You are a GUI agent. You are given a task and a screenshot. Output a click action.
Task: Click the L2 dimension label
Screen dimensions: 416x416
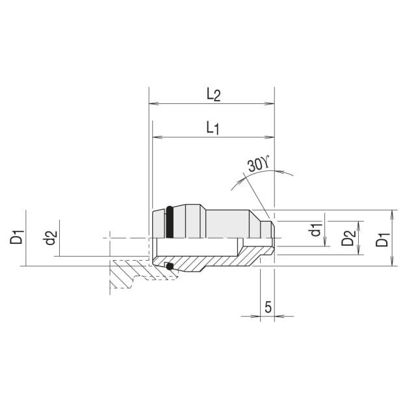[x=214, y=95]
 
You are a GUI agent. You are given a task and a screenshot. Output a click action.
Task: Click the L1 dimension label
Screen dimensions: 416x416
[x=213, y=129]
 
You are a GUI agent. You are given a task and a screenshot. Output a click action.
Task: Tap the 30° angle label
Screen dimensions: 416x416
[x=259, y=165]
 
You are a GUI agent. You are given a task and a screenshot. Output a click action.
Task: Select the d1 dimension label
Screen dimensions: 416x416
[x=316, y=229]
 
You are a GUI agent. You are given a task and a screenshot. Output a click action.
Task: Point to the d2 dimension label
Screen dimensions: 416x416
[x=50, y=238]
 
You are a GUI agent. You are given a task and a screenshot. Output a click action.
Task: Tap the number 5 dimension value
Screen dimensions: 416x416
[x=268, y=307]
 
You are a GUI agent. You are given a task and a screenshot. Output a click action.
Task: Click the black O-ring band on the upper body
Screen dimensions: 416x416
[x=170, y=222]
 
